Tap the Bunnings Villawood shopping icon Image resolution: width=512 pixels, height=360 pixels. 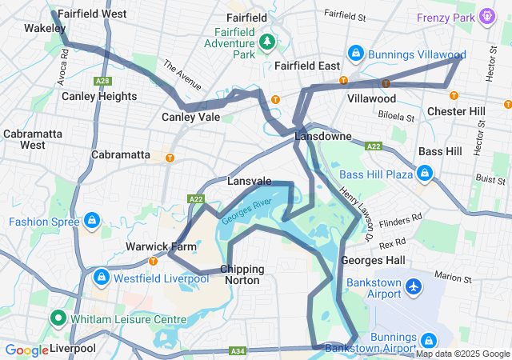355,54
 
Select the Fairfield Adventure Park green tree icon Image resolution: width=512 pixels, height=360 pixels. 266,40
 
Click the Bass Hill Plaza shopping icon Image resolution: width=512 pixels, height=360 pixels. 425,173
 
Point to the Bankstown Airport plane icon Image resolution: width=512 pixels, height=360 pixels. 414,286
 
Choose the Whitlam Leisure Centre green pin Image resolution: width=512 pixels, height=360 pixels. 58,318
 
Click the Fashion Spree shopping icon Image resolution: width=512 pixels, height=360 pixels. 93,220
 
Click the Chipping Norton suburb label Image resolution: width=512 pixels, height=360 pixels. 241,274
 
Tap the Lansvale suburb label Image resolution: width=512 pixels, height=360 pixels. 250,182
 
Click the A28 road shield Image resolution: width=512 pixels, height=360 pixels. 102,80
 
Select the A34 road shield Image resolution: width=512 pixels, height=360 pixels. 237,350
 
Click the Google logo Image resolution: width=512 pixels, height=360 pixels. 26,350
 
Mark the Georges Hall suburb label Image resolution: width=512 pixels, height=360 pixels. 367,261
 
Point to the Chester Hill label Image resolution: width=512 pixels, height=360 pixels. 455,110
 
